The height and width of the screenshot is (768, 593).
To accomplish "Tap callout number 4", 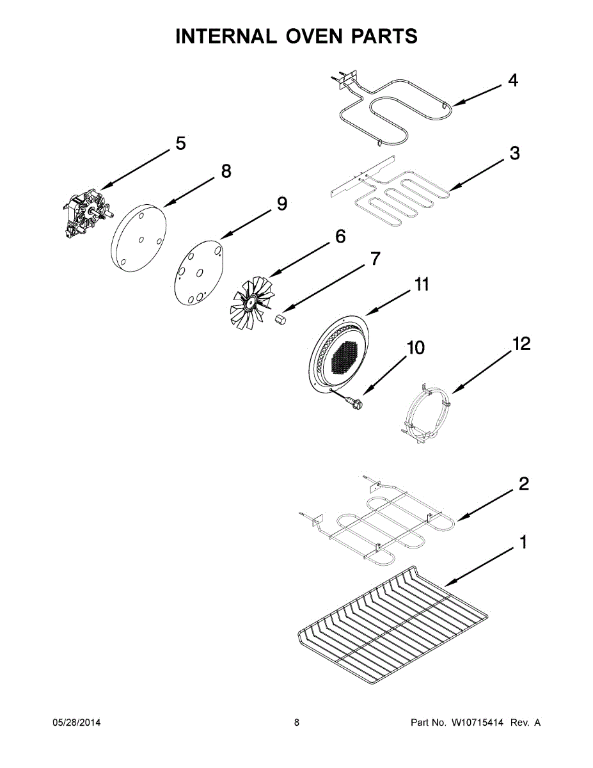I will (x=512, y=81).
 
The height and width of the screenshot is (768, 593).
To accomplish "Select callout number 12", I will (x=521, y=344).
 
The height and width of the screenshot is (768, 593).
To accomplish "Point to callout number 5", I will (x=180, y=143).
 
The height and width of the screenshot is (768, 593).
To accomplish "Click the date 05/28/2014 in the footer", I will (x=75, y=723).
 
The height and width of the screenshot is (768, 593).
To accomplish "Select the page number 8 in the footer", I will (x=297, y=723).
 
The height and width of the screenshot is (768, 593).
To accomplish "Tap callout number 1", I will (x=523, y=543).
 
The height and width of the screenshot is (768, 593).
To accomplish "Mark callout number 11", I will (x=421, y=284).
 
